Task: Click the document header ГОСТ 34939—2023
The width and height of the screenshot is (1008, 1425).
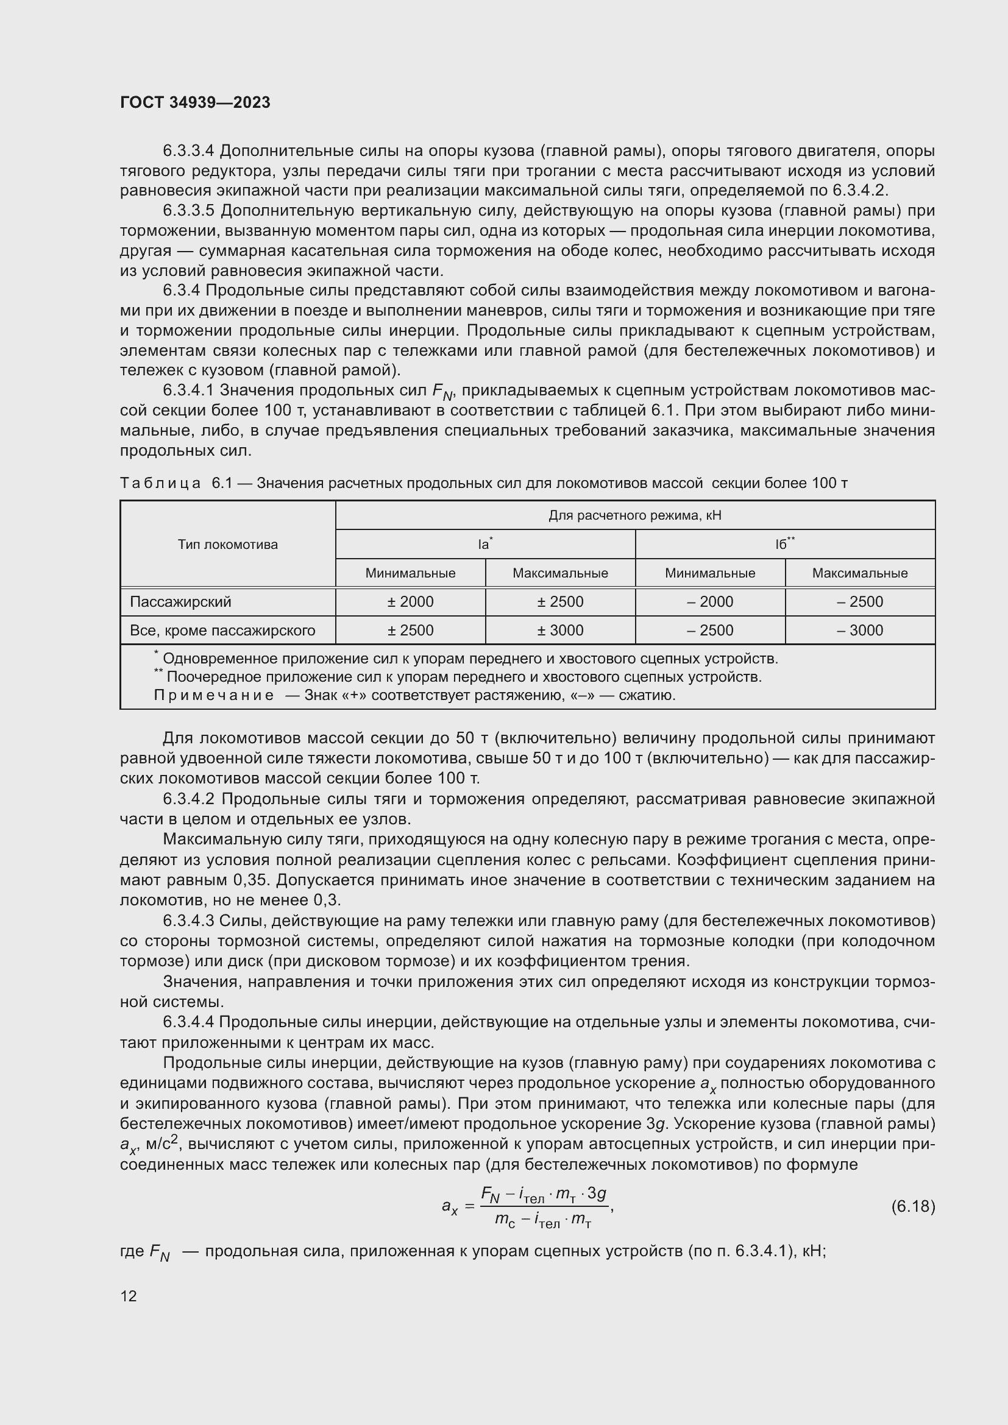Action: [195, 103]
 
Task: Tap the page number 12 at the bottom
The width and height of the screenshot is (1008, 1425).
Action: [129, 1296]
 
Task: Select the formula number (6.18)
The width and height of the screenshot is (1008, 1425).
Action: [912, 1206]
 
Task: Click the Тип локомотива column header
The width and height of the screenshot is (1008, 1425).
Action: [228, 544]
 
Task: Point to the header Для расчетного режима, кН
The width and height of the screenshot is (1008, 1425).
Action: [635, 515]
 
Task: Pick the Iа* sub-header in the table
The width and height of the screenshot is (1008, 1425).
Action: [484, 544]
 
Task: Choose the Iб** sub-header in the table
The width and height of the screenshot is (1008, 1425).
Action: [784, 544]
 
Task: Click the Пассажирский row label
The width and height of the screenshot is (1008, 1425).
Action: [180, 601]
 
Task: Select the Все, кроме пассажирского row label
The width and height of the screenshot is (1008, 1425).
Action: [222, 631]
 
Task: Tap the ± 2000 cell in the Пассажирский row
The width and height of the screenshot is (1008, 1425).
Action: [410, 601]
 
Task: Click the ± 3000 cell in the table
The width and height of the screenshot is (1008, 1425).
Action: [560, 631]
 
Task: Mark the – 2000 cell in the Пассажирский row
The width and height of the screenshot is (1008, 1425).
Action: [710, 601]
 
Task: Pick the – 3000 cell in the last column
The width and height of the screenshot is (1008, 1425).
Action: [860, 631]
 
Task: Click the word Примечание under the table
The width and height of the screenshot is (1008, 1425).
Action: [213, 695]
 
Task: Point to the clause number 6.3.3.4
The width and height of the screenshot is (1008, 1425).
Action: [188, 151]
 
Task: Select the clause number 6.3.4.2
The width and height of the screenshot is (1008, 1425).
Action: [188, 799]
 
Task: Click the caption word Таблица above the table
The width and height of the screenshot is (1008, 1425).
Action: [160, 483]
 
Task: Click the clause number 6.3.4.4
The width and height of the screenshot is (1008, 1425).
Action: [188, 1022]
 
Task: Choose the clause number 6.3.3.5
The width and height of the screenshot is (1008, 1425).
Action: [188, 211]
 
